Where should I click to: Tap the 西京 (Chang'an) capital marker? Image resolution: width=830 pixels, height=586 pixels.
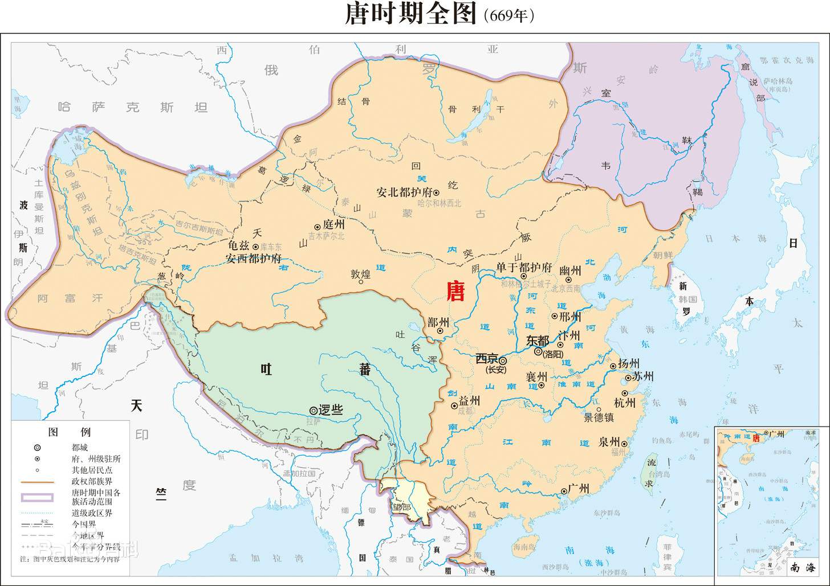click(503, 360)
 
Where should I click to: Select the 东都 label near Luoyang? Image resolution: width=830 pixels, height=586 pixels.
click(537, 341)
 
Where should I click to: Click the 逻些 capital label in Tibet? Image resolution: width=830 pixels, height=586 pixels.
click(331, 410)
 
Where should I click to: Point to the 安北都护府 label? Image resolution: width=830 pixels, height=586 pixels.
click(405, 192)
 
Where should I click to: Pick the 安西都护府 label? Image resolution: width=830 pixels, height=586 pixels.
click(254, 258)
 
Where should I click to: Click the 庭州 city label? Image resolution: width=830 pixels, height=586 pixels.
click(333, 225)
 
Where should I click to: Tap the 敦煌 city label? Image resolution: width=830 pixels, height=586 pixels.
click(360, 274)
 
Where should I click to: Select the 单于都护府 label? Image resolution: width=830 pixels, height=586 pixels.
click(524, 267)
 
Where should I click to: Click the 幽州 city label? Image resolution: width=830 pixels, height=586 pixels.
click(570, 271)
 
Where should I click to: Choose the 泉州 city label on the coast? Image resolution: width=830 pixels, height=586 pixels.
click(609, 442)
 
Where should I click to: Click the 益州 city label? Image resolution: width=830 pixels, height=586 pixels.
click(469, 400)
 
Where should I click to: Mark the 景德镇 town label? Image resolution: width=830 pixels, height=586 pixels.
click(599, 417)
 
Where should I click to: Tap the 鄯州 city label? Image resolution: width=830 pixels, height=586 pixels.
click(438, 322)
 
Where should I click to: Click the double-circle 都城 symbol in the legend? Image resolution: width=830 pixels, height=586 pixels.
click(38, 448)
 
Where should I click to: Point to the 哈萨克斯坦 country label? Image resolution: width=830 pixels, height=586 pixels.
click(133, 107)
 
